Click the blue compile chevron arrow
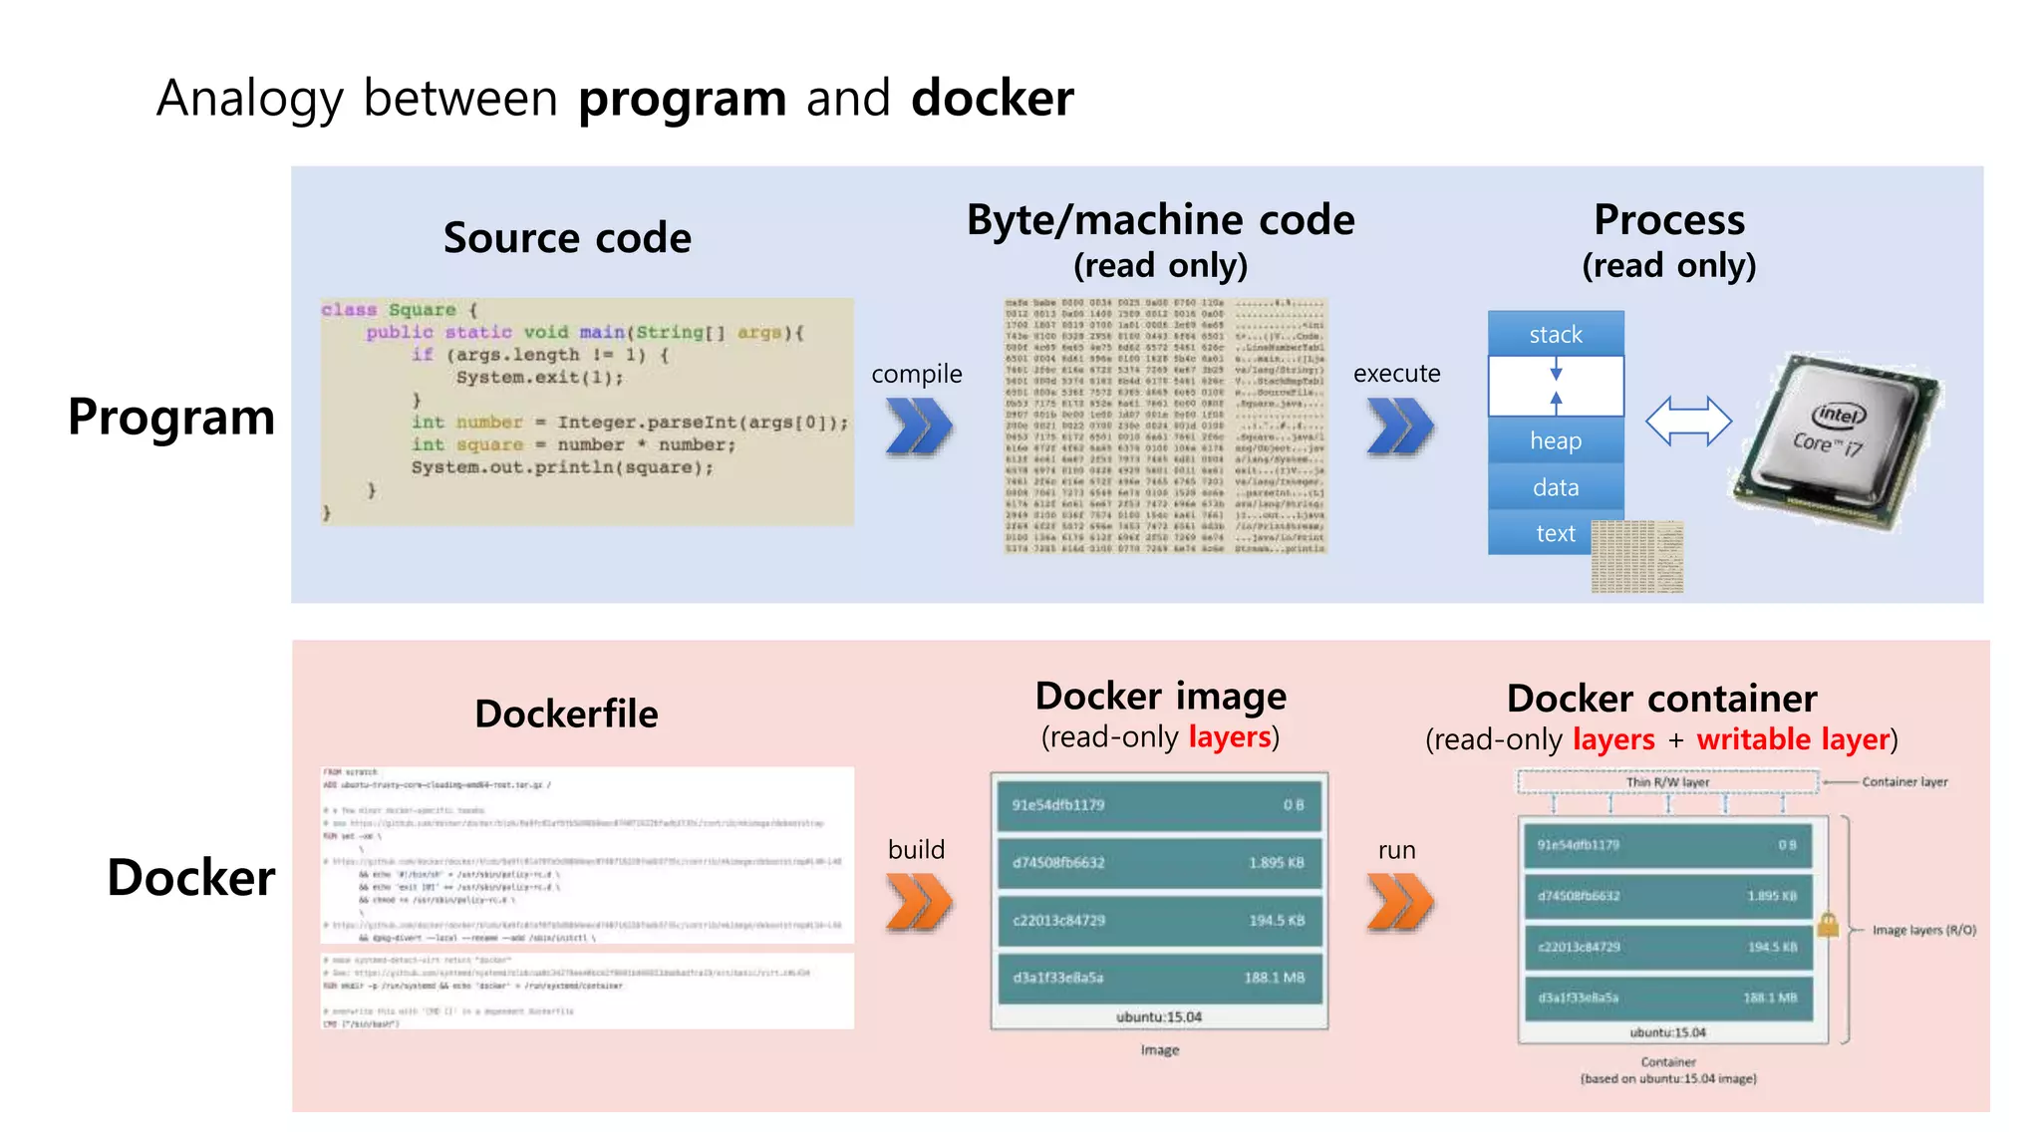coord(919,427)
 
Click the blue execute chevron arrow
coord(1400,427)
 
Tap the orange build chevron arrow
coord(919,902)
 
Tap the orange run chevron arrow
coord(1400,902)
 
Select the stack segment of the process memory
coord(1555,334)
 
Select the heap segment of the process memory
coord(1555,440)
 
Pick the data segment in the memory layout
coord(1555,487)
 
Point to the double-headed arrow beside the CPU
coord(1688,421)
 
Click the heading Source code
coord(567,238)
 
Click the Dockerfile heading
coord(566,714)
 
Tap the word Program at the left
coord(171,417)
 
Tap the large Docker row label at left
coord(190,877)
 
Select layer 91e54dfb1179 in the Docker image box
coord(1159,805)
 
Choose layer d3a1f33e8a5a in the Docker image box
coord(1159,978)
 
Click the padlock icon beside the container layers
coord(1828,925)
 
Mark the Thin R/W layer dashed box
coord(1667,782)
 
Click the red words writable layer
coord(1793,739)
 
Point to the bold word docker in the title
coord(992,99)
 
